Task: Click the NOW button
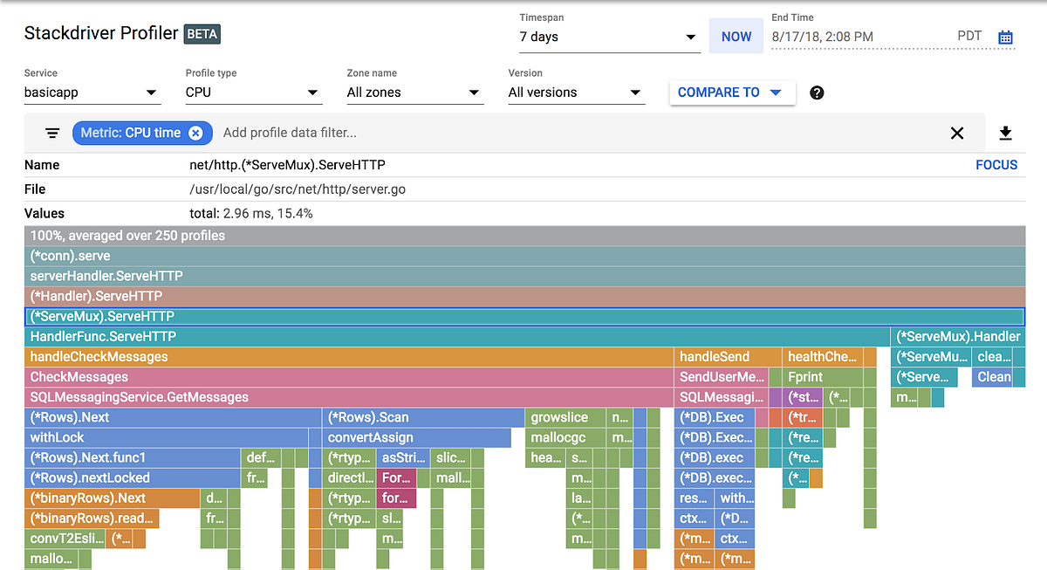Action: tap(736, 37)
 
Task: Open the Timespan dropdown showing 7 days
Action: tap(609, 37)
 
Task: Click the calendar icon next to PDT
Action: tap(1005, 37)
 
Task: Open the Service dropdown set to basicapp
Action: tap(92, 93)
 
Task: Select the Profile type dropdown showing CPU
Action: tap(253, 93)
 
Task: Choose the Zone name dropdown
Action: tap(414, 93)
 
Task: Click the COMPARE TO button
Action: tap(731, 93)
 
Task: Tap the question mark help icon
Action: tap(817, 93)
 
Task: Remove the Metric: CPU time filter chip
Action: tap(196, 133)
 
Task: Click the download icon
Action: tap(1005, 133)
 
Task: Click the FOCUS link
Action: tap(996, 165)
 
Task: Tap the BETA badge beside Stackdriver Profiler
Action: tap(202, 34)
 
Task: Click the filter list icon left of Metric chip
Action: tap(52, 133)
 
